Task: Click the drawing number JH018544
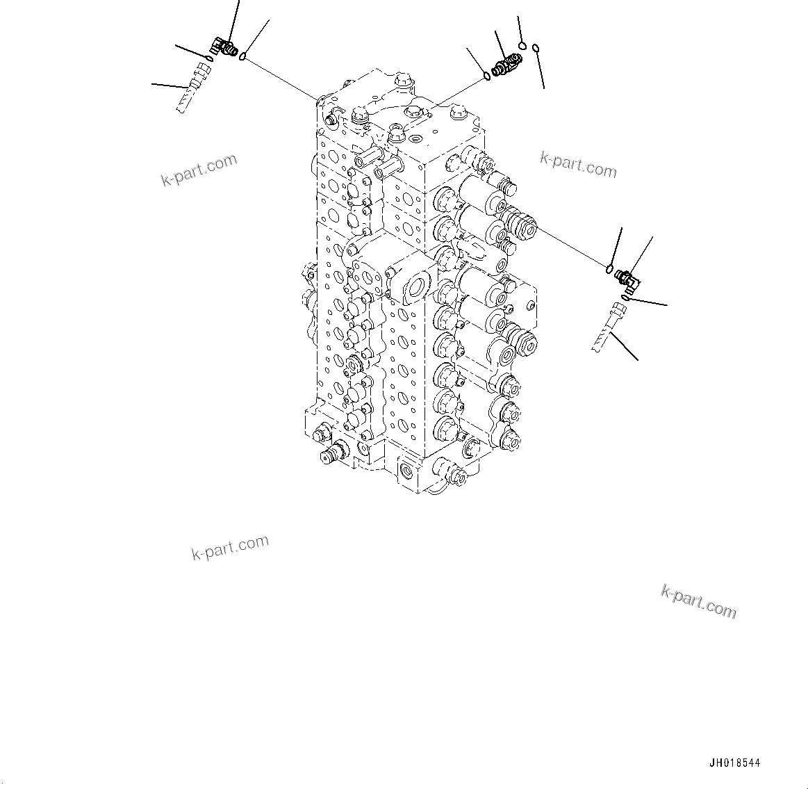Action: (x=735, y=763)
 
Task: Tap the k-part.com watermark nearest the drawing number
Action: (x=698, y=601)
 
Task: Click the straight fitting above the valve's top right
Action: (x=505, y=65)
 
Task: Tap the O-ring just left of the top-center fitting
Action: (x=487, y=75)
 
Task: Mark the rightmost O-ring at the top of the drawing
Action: (x=536, y=48)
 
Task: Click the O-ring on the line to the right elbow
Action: (x=609, y=269)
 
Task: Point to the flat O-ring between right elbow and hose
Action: (x=625, y=298)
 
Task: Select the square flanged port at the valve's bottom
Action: (x=409, y=473)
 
